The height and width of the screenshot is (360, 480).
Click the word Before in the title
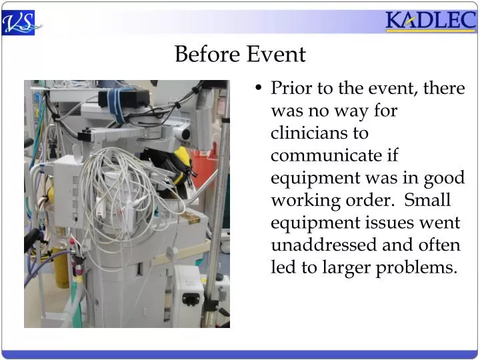click(x=207, y=54)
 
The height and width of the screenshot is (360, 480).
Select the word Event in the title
click(x=276, y=54)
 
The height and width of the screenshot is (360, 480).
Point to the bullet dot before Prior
click(x=259, y=89)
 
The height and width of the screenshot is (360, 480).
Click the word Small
click(x=428, y=200)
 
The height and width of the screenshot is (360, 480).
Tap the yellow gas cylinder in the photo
click(x=61, y=260)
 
